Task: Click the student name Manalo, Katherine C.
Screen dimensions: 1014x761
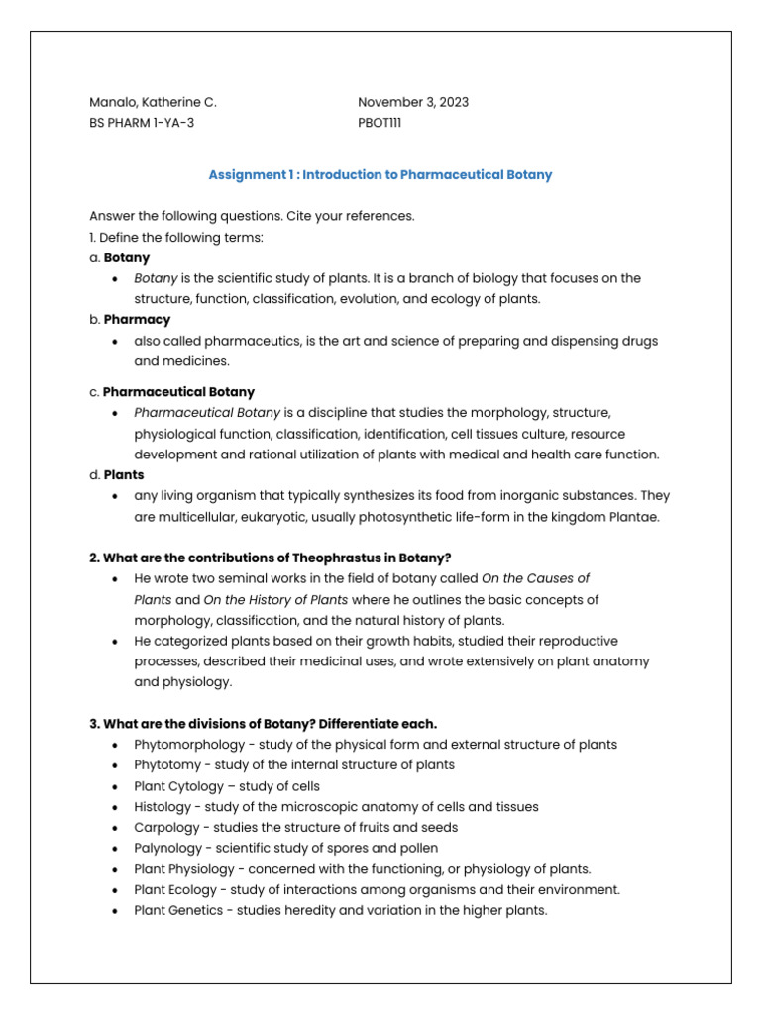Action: coord(153,102)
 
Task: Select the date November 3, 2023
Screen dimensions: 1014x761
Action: coord(413,102)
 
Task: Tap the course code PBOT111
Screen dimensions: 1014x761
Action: coord(380,123)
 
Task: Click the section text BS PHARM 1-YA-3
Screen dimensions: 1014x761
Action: coord(149,123)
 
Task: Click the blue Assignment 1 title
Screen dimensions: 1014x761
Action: coord(380,174)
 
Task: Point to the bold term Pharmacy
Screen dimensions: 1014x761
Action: coord(137,320)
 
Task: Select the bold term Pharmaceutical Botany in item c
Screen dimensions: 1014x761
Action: coord(178,392)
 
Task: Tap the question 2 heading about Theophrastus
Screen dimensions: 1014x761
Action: coord(271,558)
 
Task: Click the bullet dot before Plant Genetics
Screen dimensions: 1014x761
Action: coord(116,911)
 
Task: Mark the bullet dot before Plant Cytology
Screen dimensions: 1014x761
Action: coord(116,786)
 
